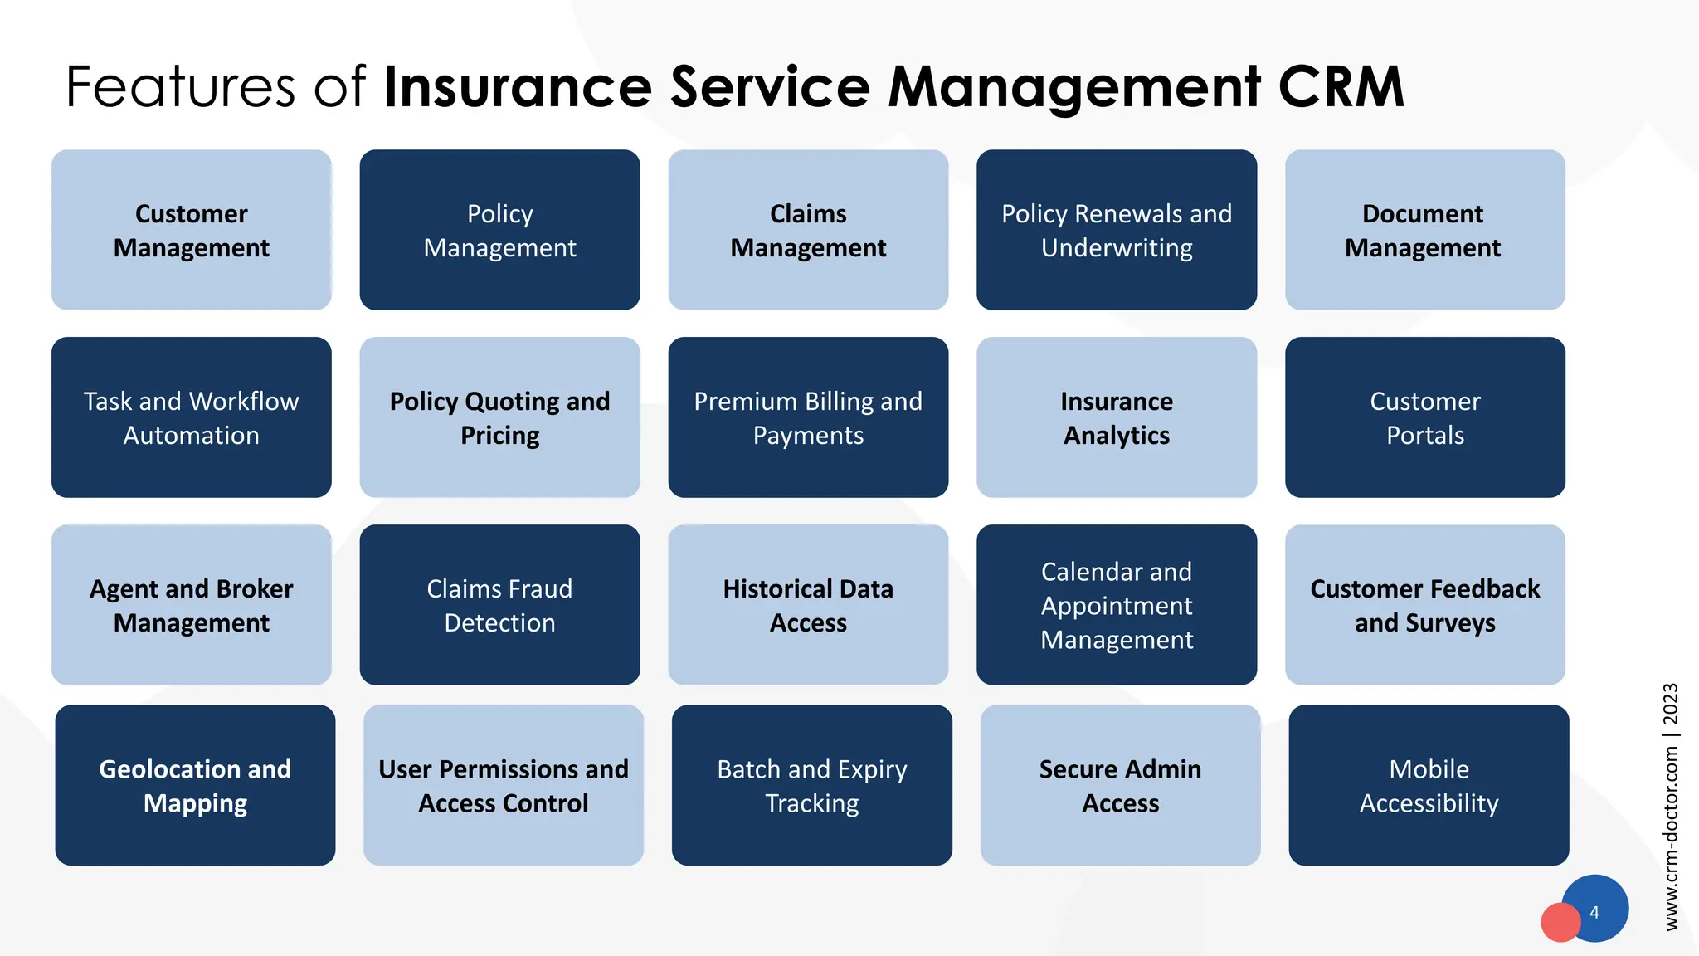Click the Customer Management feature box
(191, 230)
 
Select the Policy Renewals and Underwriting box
(1117, 230)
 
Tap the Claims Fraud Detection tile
(499, 605)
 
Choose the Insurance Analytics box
(1117, 417)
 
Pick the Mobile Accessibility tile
(1429, 785)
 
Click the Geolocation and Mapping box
(195, 785)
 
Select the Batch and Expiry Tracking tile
(811, 785)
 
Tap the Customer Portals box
(1425, 417)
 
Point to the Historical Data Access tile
(808, 605)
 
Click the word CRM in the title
(1341, 86)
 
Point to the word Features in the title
(180, 86)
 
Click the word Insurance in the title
(518, 86)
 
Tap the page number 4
(1594, 912)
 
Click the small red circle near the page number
(1560, 922)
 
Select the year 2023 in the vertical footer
(1671, 704)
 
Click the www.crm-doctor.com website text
(1671, 838)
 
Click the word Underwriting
(1117, 248)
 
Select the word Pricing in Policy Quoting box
(500, 436)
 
